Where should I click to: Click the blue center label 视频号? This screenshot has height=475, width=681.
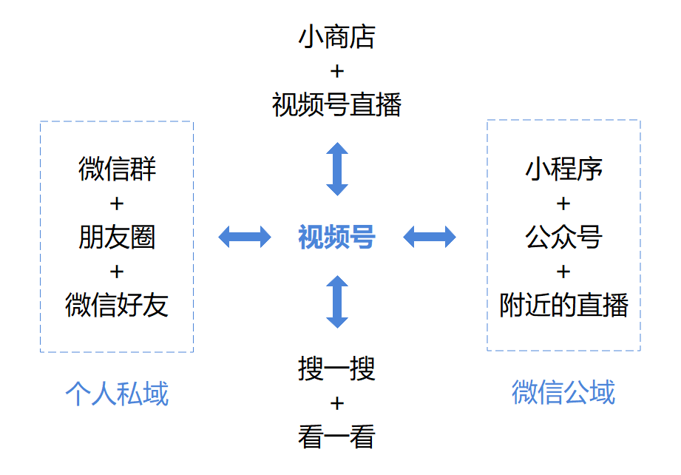coord(336,237)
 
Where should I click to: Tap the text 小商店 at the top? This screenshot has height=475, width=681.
coord(336,37)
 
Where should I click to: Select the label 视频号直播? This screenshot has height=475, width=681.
coord(336,105)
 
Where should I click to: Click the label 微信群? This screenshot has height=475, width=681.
coord(117,169)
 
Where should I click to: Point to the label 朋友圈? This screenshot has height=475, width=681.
coord(117,237)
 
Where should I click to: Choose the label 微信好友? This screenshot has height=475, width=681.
coord(117,305)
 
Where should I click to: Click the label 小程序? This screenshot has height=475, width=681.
coord(563,169)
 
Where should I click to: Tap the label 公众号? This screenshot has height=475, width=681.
coord(563,237)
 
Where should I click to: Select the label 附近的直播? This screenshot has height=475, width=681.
coord(563,305)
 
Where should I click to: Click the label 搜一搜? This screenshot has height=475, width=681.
coord(336,368)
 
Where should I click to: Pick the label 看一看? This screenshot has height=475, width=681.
coord(336,437)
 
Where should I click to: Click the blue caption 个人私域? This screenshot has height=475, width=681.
coord(117,393)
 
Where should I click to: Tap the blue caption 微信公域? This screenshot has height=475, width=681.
coord(563,392)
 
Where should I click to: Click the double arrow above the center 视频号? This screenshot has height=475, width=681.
coord(337,169)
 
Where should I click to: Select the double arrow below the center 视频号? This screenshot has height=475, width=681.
coord(337,301)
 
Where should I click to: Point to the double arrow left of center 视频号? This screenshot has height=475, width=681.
coord(245,237)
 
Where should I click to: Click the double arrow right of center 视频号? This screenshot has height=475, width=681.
coord(430,237)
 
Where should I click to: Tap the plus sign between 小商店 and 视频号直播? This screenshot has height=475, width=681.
coord(336,71)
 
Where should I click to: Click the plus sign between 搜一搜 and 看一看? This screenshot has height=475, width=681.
coord(336,403)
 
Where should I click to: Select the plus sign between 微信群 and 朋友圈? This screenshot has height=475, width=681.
coord(117,203)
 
